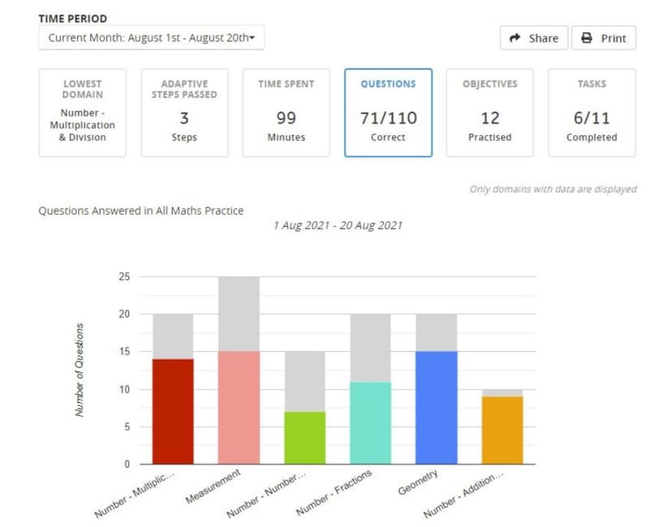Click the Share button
click(533, 38)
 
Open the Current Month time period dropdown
click(152, 38)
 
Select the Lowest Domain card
click(83, 112)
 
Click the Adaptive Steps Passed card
click(184, 112)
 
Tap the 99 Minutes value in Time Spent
click(286, 118)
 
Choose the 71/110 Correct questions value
click(388, 118)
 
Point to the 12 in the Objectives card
click(489, 118)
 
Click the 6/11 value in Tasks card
click(592, 118)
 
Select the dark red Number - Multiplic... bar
click(174, 412)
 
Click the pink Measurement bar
click(239, 408)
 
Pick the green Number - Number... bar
click(304, 438)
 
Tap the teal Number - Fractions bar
click(370, 423)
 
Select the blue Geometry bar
click(436, 408)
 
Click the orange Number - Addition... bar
click(502, 431)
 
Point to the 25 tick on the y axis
click(123, 276)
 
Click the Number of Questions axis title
click(80, 370)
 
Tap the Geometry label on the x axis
click(419, 482)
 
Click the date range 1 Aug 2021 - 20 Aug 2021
click(338, 225)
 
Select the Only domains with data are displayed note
click(553, 189)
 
